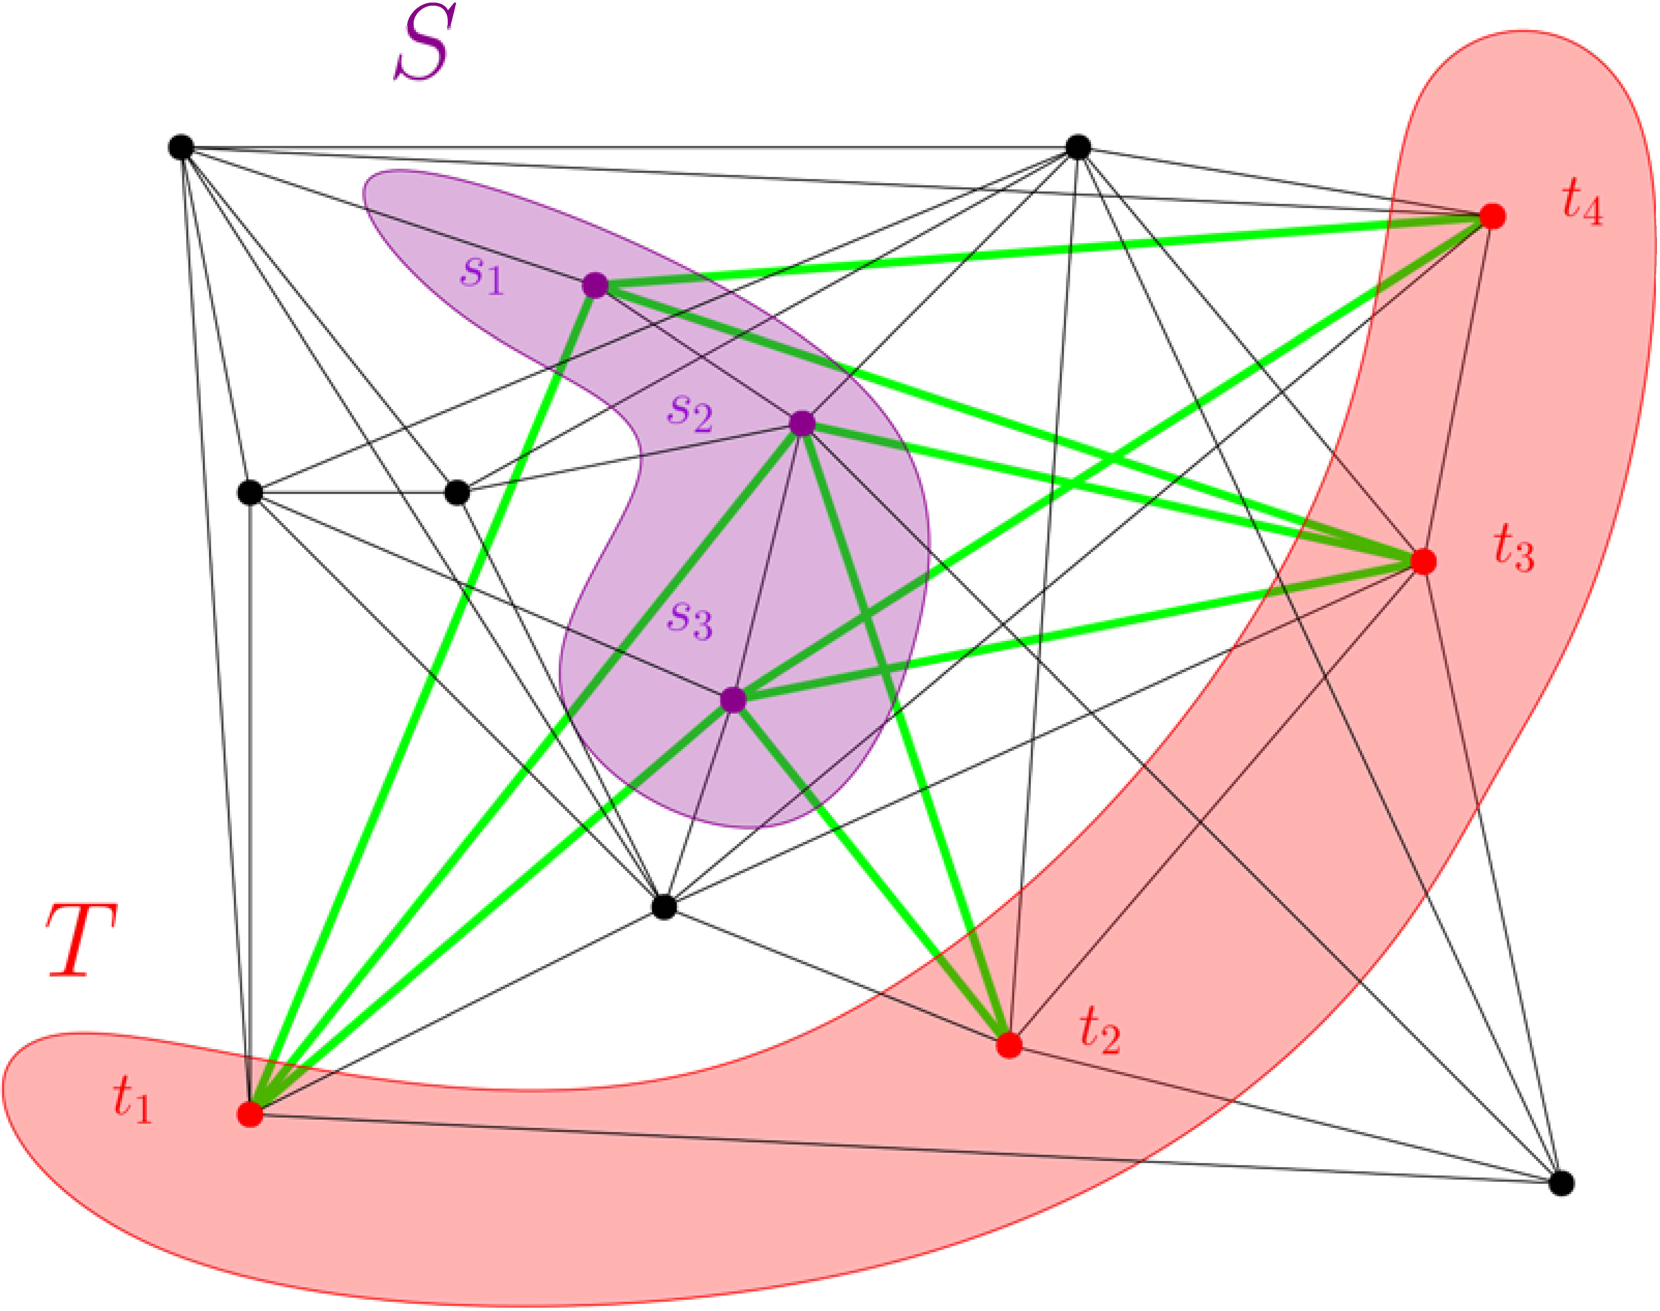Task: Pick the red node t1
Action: click(250, 1114)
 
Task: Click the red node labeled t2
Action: click(1009, 1045)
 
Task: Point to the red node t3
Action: click(1424, 561)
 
